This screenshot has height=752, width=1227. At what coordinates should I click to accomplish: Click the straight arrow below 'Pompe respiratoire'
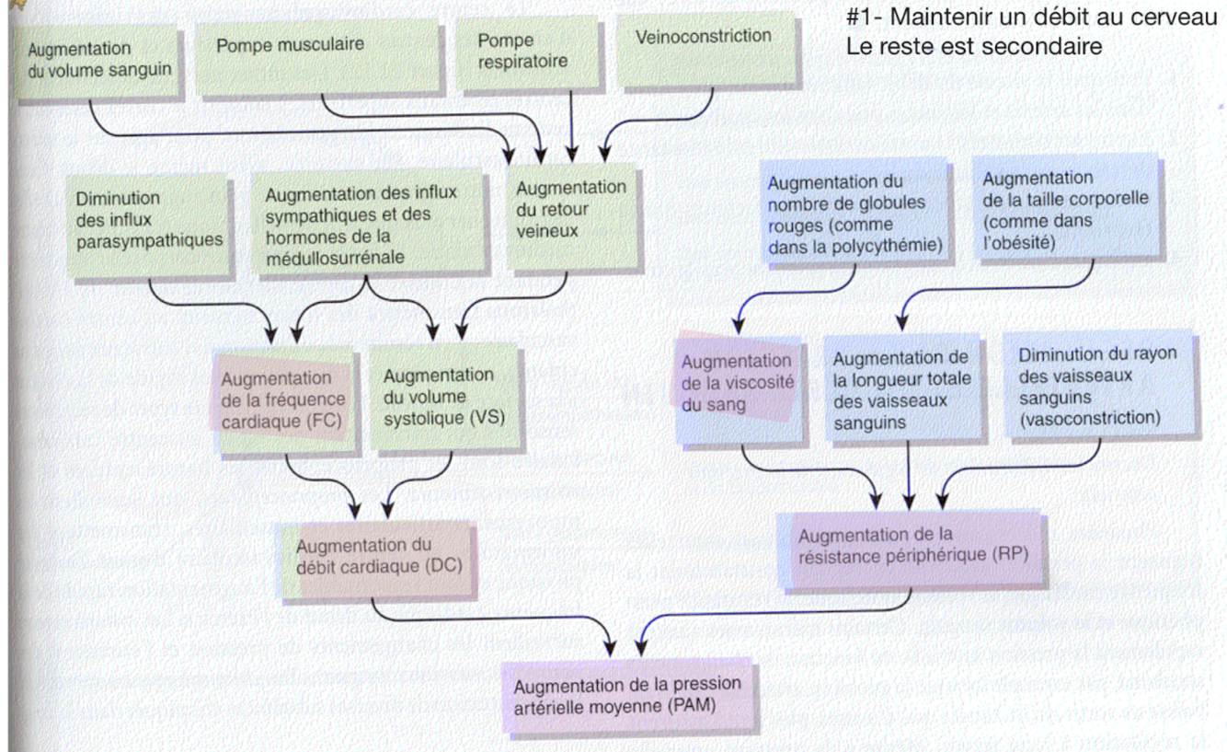(572, 124)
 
